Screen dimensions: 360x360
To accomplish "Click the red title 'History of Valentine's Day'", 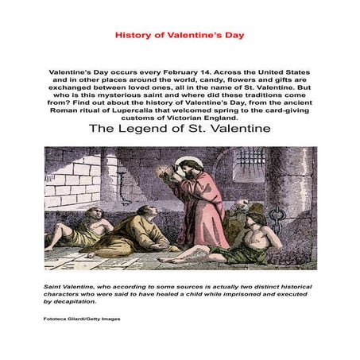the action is (x=180, y=36).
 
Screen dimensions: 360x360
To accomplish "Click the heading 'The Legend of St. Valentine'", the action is (x=180, y=128).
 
